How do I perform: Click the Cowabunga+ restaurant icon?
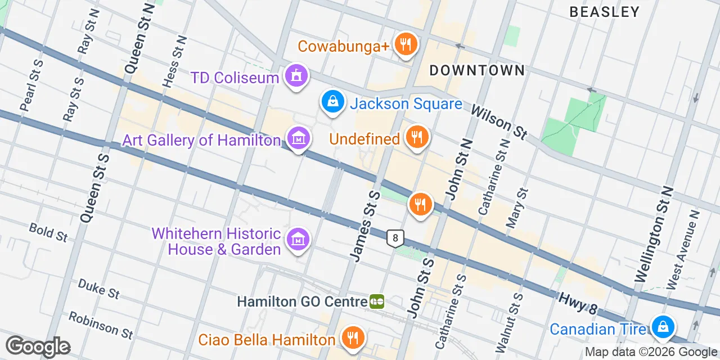pos(405,44)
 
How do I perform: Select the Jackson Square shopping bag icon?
pos(333,102)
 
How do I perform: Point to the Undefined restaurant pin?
pos(417,137)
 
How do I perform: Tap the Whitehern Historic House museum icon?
pos(298,240)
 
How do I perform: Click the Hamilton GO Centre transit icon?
pos(377,302)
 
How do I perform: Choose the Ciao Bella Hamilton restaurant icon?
pos(353,338)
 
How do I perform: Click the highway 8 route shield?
pos(395,238)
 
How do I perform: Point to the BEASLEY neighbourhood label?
pos(605,12)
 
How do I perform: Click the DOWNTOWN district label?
pos(477,70)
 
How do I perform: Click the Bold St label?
pos(48,232)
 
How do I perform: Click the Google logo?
pos(38,346)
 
